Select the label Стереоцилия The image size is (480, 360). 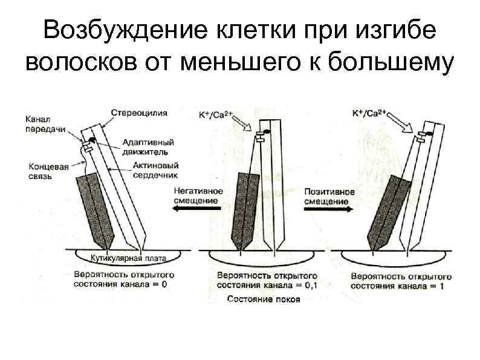[x=140, y=113]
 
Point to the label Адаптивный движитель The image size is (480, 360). [x=148, y=147]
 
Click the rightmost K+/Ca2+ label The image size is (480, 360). [x=371, y=113]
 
